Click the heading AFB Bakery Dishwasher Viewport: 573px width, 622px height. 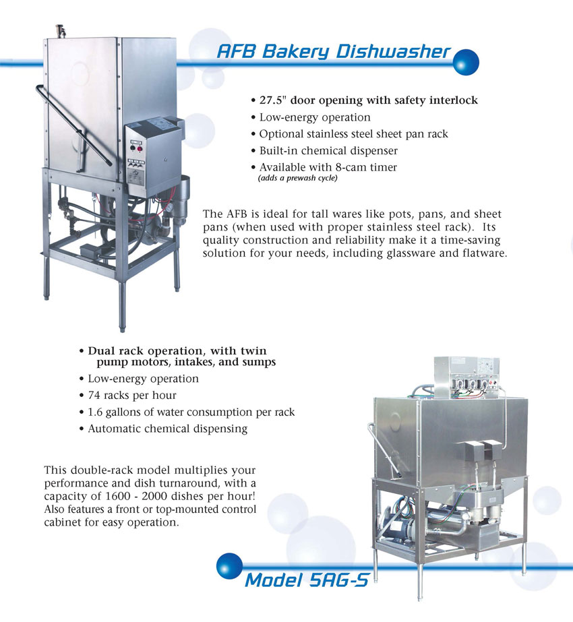pyautogui.click(x=333, y=52)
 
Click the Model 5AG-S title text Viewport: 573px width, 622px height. pyautogui.click(x=306, y=580)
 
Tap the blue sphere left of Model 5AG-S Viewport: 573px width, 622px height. pyautogui.click(x=229, y=565)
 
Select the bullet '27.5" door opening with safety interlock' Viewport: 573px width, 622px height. pyautogui.click(x=364, y=100)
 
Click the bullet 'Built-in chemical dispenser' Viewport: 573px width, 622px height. pyautogui.click(x=324, y=151)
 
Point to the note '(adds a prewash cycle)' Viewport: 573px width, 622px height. pyautogui.click(x=297, y=178)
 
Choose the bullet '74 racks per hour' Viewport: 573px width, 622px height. pyautogui.click(x=128, y=395)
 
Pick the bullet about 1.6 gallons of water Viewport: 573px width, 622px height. pyautogui.click(x=187, y=412)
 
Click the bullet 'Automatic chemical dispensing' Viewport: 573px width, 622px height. pyautogui.click(x=163, y=429)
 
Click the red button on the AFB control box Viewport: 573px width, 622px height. pyautogui.click(x=140, y=149)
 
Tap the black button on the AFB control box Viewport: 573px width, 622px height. pyautogui.click(x=132, y=149)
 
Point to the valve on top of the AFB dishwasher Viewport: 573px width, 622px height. pyautogui.click(x=59, y=32)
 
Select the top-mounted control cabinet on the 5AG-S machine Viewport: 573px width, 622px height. pyautogui.click(x=466, y=377)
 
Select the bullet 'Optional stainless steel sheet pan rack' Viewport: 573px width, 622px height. pyautogui.click(x=350, y=134)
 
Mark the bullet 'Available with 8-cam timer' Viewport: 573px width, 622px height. pyautogui.click(x=324, y=167)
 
